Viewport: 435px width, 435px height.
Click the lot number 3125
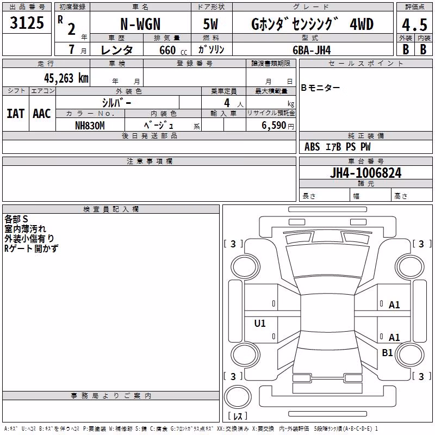coord(27,23)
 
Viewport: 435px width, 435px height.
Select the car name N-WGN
coord(140,24)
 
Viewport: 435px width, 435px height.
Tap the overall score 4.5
coord(414,25)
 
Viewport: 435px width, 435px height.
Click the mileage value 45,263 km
coord(66,78)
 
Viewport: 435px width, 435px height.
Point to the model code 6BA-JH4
coord(312,50)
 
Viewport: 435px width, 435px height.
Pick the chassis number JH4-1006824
coord(365,173)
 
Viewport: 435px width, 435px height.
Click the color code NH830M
coord(90,126)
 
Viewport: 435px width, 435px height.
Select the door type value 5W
coord(210,24)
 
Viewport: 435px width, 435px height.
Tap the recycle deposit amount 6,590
coord(274,126)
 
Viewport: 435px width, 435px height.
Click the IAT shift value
coord(16,114)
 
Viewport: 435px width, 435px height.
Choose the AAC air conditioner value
coord(42,114)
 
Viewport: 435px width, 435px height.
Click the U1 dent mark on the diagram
coord(260,323)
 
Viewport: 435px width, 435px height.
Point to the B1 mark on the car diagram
coord(387,352)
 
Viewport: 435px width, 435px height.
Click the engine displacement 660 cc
coord(173,51)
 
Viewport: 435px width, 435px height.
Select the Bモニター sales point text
coord(320,88)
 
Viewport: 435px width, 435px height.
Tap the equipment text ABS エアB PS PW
coord(337,147)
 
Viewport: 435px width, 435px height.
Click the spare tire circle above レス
coord(238,397)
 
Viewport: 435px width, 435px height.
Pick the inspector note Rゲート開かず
coord(31,248)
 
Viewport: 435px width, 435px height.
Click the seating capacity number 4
coord(227,103)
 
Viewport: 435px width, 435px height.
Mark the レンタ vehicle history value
coord(117,51)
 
